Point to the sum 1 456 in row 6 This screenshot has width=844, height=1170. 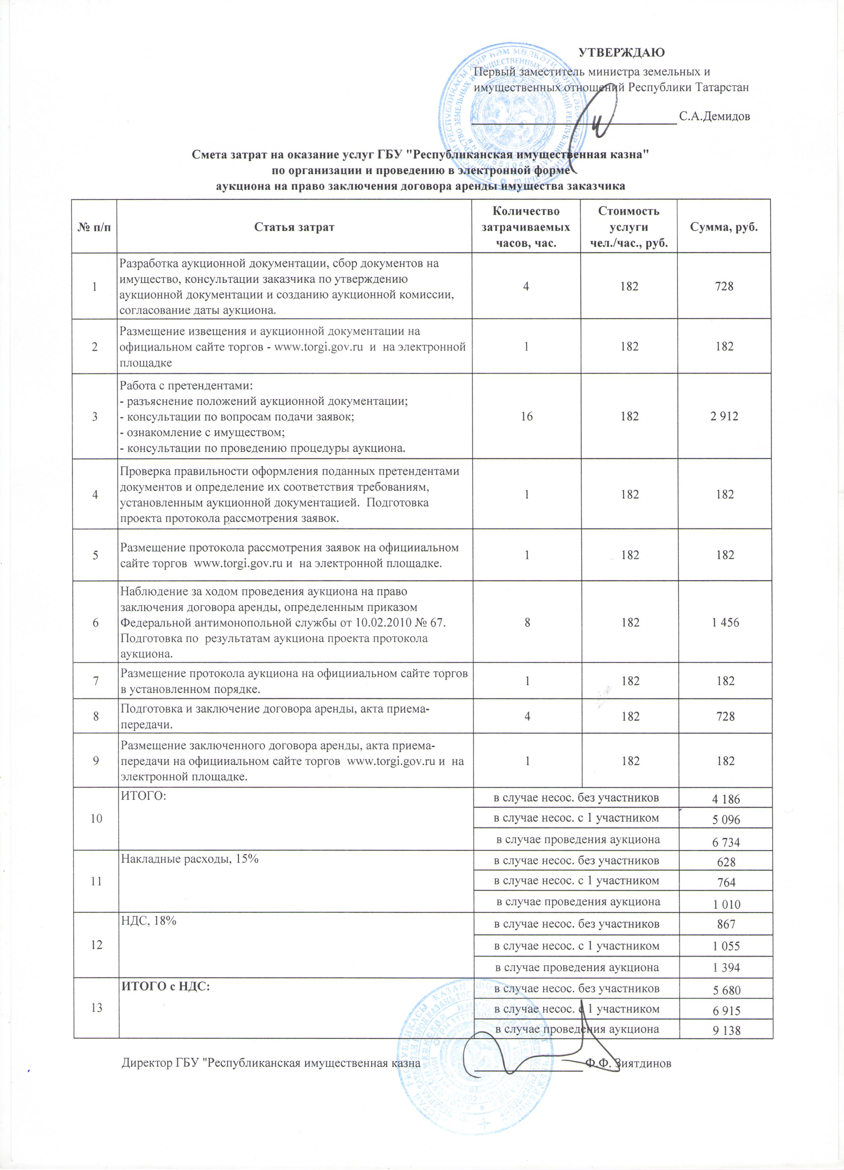pos(725,622)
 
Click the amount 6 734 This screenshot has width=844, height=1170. pos(726,842)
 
